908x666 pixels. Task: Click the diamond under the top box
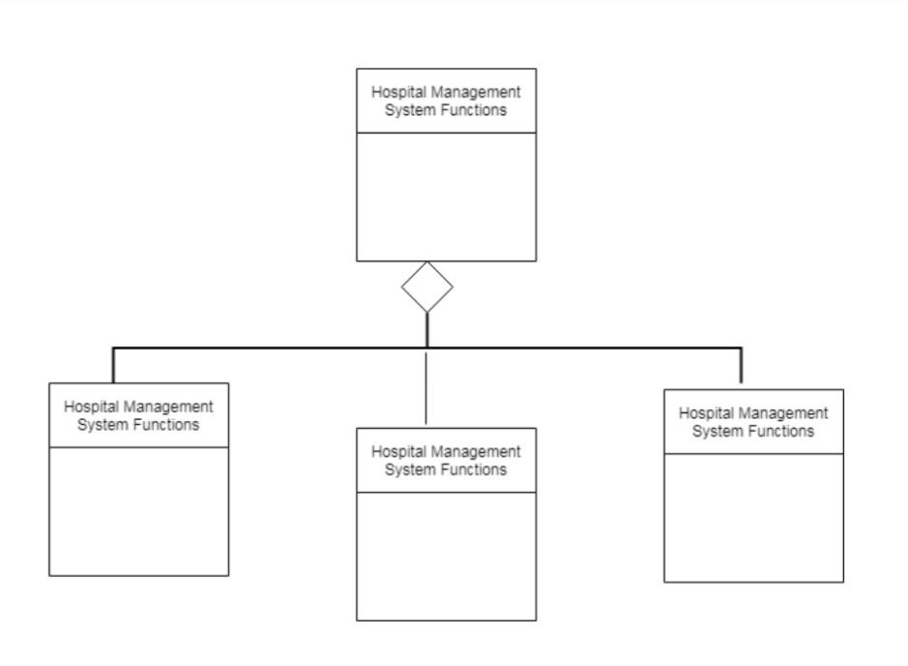[427, 287]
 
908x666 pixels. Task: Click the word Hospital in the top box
[397, 92]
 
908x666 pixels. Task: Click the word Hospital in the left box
[90, 407]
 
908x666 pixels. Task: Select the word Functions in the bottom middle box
[472, 469]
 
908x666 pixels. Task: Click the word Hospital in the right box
[705, 412]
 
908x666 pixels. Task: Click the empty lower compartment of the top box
[446, 197]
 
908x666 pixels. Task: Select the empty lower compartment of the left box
[139, 511]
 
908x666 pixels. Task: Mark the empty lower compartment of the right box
[753, 518]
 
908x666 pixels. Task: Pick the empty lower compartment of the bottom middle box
[446, 557]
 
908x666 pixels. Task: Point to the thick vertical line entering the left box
[113, 366]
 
